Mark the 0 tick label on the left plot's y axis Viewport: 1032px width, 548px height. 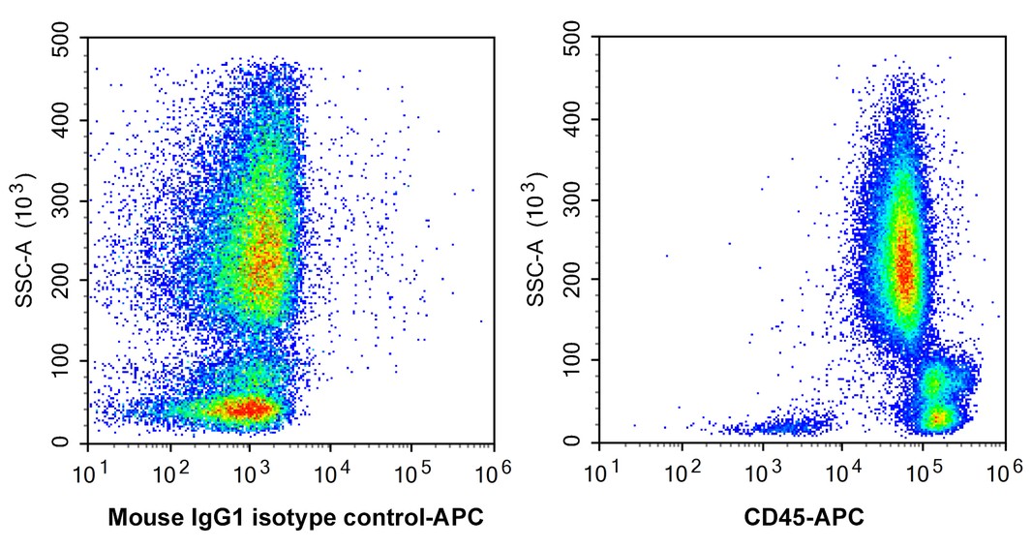[74, 442]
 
